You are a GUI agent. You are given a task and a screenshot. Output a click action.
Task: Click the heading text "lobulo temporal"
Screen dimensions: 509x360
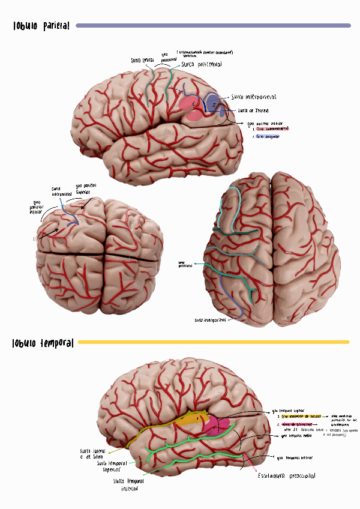pyautogui.click(x=43, y=343)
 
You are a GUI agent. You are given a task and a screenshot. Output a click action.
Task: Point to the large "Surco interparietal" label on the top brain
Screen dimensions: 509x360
pyautogui.click(x=254, y=97)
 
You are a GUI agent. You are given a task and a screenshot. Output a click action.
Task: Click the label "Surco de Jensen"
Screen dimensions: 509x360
pyautogui.click(x=253, y=111)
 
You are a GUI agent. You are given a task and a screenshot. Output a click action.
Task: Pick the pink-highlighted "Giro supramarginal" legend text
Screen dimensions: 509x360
pyautogui.click(x=272, y=128)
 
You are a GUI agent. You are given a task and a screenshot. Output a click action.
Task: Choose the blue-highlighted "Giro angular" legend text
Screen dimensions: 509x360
pyautogui.click(x=268, y=137)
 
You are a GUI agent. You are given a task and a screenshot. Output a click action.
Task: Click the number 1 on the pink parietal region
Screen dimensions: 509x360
pyautogui.click(x=193, y=103)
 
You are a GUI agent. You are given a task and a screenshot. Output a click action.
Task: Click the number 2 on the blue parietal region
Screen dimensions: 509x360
pyautogui.click(x=214, y=104)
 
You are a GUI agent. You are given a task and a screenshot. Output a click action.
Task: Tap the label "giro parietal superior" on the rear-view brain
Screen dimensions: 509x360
pyautogui.click(x=85, y=189)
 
